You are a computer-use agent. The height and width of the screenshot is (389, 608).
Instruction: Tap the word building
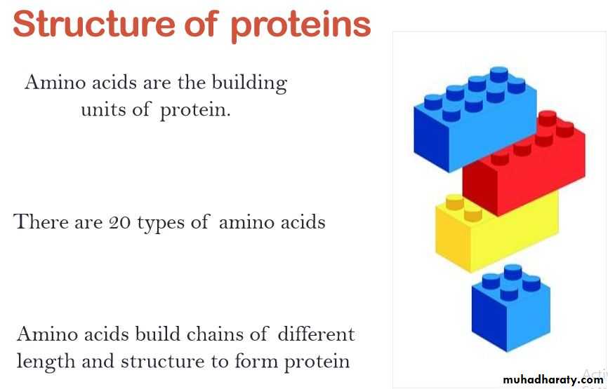tap(249, 83)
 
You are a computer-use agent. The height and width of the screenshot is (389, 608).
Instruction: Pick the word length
tap(46, 362)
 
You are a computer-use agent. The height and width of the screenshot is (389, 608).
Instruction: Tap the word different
tap(316, 334)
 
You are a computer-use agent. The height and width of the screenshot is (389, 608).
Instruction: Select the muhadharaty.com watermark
tap(553, 380)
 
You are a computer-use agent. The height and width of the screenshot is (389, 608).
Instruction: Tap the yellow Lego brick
tap(496, 233)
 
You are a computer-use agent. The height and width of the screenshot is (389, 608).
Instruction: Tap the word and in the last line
tap(98, 361)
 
